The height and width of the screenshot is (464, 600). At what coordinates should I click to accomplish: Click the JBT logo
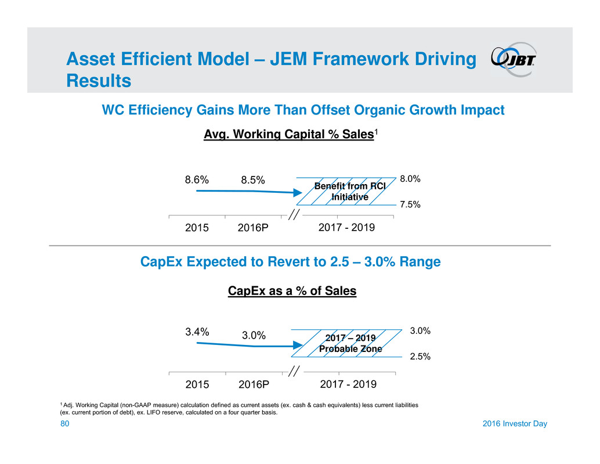coord(513,59)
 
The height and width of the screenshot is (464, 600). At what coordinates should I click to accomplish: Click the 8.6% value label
coord(197,180)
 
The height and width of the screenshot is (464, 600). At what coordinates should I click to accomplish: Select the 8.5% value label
coord(253,180)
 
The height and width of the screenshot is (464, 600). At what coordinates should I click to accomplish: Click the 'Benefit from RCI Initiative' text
coord(349,191)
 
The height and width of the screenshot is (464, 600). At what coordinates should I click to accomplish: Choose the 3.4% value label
coord(197,332)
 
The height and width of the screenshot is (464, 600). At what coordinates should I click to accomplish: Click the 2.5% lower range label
coord(420,357)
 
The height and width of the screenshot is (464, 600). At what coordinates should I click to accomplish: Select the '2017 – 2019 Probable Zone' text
coord(350,343)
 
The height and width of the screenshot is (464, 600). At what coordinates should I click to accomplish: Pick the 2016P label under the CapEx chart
coord(254,384)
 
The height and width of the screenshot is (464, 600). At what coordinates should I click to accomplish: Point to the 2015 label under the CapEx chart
coord(197,384)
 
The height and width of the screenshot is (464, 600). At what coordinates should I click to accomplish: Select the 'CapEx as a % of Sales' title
coord(292,291)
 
